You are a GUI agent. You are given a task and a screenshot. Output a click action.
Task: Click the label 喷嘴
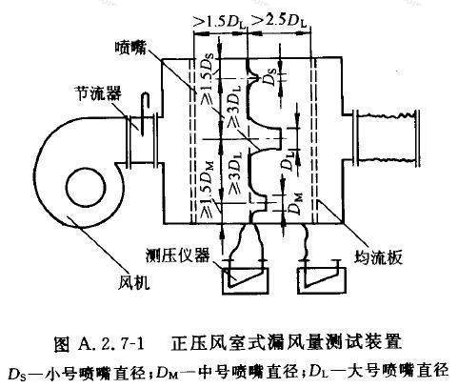click(x=130, y=49)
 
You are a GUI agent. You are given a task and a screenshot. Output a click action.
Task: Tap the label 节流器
click(x=98, y=93)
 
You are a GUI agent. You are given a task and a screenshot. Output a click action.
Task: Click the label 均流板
click(x=378, y=256)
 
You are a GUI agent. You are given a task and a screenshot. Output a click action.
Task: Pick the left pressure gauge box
click(x=245, y=280)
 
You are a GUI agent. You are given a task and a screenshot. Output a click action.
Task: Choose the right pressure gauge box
click(x=321, y=280)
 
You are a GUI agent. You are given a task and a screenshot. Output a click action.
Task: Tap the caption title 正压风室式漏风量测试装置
click(x=287, y=343)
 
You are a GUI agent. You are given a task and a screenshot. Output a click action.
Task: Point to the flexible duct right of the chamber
click(x=387, y=138)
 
